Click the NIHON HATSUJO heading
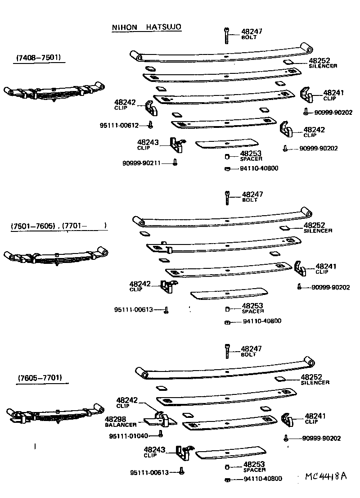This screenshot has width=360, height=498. [146, 27]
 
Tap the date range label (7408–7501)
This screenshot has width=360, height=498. [39, 58]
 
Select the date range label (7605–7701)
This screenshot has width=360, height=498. [40, 378]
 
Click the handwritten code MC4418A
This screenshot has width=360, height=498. [326, 476]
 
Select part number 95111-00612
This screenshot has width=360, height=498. [118, 126]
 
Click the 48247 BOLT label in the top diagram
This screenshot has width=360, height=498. [252, 34]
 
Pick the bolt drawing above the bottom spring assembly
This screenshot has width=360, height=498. [227, 351]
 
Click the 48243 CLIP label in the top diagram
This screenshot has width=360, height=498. [148, 144]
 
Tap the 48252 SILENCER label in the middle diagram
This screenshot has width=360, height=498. [317, 227]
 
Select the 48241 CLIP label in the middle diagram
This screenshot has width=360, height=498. [325, 268]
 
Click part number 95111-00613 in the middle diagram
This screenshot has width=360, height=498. [134, 310]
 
